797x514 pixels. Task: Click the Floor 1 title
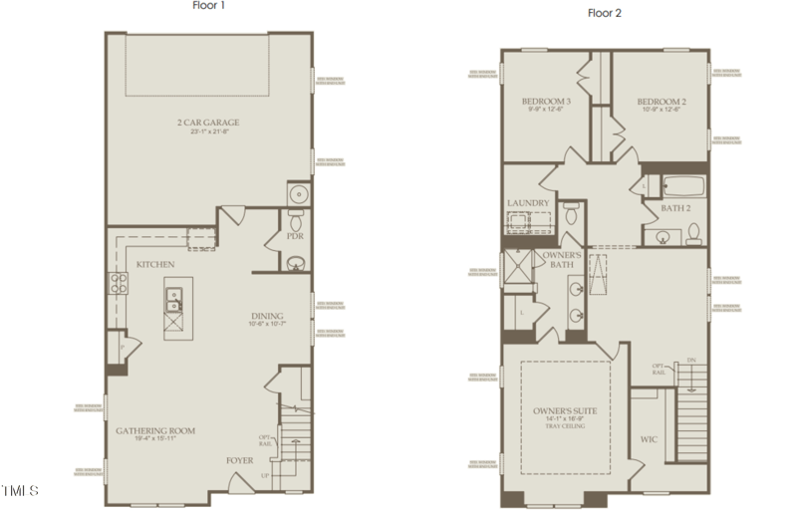pyautogui.click(x=209, y=5)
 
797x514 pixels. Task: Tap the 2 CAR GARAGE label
pyautogui.click(x=208, y=123)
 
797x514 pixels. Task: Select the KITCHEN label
pyautogui.click(x=155, y=264)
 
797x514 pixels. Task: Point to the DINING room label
pyautogui.click(x=267, y=316)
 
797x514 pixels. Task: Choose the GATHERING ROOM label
pyautogui.click(x=154, y=430)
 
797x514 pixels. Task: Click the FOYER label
pyautogui.click(x=240, y=460)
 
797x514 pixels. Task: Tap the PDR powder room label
pyautogui.click(x=295, y=237)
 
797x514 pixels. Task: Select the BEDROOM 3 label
pyautogui.click(x=546, y=102)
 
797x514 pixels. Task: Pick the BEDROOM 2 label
pyautogui.click(x=662, y=102)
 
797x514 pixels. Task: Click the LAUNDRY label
pyautogui.click(x=528, y=203)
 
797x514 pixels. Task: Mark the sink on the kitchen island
pyautogui.click(x=174, y=295)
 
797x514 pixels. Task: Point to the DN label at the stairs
pyautogui.click(x=691, y=360)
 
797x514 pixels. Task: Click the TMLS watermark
pyautogui.click(x=20, y=491)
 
